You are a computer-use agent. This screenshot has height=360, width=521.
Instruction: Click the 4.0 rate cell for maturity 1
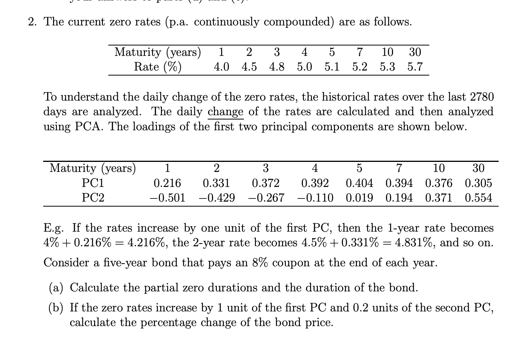(222, 67)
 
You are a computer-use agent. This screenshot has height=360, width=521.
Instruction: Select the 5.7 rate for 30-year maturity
(415, 67)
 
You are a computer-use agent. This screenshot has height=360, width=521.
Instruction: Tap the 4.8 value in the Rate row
(277, 67)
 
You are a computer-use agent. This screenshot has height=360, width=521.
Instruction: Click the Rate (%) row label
(158, 67)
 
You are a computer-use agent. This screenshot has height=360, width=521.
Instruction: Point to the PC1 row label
(93, 183)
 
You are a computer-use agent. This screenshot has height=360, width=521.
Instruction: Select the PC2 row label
(93, 198)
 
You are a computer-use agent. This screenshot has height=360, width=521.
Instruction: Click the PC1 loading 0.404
(359, 183)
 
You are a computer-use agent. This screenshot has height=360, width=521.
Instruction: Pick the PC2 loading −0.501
(167, 198)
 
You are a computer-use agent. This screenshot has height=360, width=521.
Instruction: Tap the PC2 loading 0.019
(359, 198)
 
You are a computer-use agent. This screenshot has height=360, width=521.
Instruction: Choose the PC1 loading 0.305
(478, 183)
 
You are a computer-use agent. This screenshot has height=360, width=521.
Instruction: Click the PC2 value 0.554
(478, 198)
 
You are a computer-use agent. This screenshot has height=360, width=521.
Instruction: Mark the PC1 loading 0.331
(216, 183)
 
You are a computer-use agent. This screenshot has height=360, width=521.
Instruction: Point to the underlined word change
(225, 112)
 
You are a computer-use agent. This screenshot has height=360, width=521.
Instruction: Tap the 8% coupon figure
(260, 262)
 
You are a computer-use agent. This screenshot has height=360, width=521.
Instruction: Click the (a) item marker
(57, 288)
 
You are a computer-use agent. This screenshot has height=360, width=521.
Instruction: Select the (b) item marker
(57, 308)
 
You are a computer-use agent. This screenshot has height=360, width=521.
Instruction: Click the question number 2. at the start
(32, 22)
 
